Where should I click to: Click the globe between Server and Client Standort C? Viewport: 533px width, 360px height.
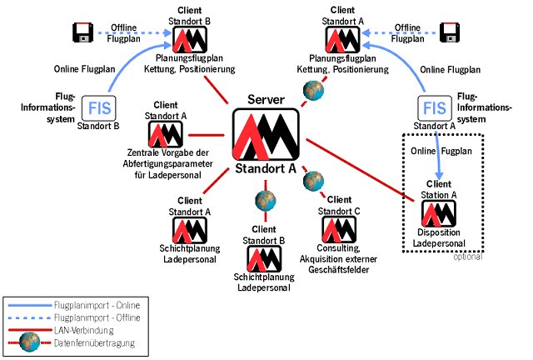(313, 180)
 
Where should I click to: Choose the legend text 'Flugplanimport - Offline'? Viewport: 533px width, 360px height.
(97, 318)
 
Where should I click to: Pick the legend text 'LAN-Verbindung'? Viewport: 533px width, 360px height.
(84, 331)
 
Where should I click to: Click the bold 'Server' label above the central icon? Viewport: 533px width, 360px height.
(266, 100)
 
